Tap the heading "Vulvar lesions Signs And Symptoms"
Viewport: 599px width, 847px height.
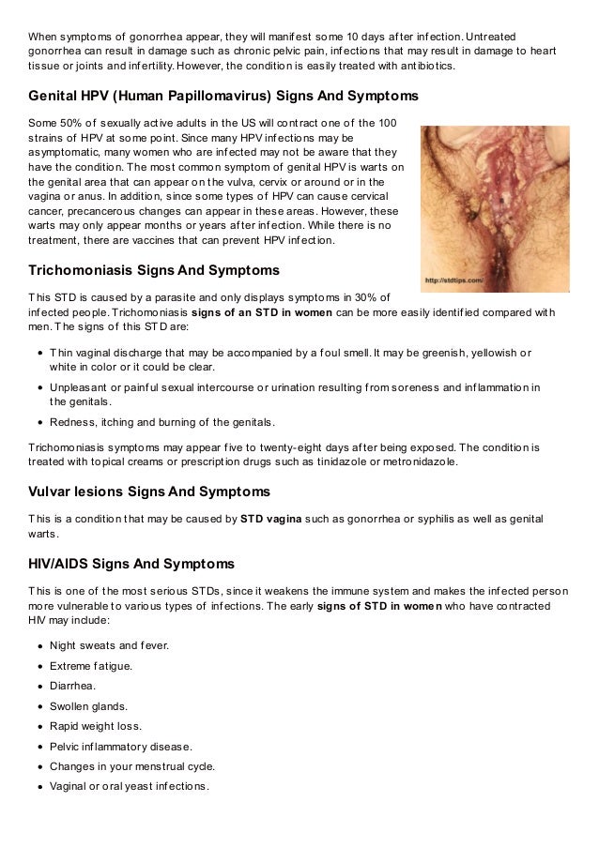[x=149, y=492]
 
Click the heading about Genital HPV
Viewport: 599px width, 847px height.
[x=223, y=97]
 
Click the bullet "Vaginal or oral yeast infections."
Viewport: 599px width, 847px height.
[x=130, y=786]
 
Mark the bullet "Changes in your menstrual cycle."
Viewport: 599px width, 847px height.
[x=132, y=766]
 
